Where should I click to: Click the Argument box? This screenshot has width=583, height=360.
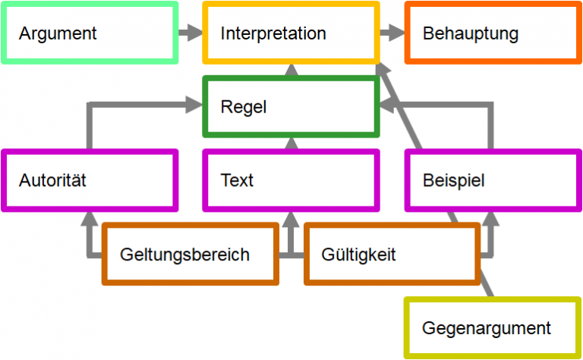90,33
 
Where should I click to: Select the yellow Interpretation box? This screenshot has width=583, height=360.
291,33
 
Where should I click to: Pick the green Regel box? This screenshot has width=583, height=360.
291,107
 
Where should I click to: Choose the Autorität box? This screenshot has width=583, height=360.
90,180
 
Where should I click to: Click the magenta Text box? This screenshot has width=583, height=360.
291,180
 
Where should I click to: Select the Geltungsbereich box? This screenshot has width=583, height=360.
191,254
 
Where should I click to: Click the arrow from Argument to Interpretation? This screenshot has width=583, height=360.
190,33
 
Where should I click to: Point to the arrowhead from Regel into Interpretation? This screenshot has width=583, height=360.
291,70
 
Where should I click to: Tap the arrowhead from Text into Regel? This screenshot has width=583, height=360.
291,144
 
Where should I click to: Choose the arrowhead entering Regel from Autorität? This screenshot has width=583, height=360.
196,107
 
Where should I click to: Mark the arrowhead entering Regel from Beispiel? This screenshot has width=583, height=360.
386,107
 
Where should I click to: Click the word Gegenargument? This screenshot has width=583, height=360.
487,328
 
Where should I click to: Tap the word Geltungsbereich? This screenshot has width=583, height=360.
184,254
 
